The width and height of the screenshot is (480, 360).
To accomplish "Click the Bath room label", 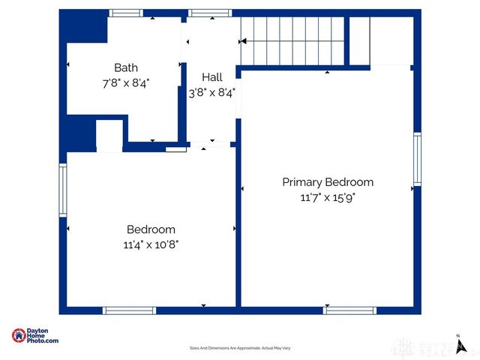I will click(x=126, y=67).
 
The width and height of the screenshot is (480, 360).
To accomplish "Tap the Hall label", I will click(x=212, y=77).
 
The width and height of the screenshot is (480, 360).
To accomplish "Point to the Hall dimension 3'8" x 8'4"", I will click(x=212, y=93).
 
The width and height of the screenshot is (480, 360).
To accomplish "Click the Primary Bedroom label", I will click(x=328, y=182).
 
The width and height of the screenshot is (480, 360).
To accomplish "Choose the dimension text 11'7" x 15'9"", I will click(x=328, y=198).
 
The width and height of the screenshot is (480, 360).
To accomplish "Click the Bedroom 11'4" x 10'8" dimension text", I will click(x=151, y=244).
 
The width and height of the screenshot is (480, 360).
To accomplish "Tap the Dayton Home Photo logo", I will click(x=35, y=336).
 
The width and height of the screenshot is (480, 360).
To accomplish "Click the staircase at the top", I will click(x=292, y=41).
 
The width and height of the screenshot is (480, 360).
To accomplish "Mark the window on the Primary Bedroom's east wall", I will click(x=417, y=158).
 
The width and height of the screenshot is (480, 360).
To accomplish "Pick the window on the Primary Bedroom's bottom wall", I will click(x=349, y=310).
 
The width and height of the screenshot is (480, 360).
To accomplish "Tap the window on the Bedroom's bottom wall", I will click(x=129, y=310).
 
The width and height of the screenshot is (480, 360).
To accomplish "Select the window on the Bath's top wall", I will click(x=125, y=13).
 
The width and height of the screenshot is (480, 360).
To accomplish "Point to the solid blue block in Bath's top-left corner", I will click(x=83, y=28).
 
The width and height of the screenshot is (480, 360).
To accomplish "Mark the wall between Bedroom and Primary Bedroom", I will click(x=238, y=225).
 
